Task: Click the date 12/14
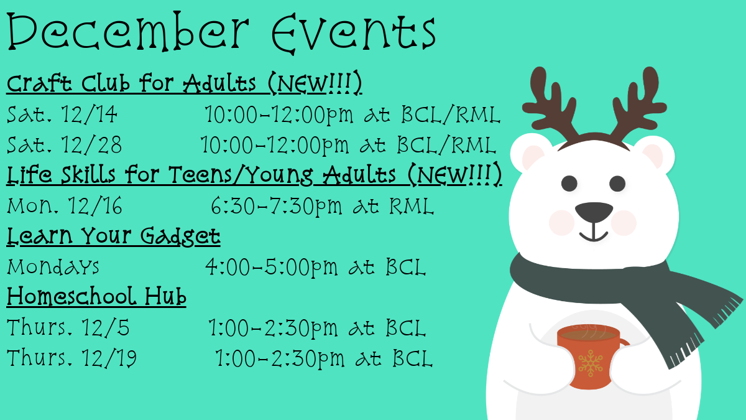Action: [x=89, y=114]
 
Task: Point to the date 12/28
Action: [x=91, y=144]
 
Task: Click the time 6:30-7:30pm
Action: [x=277, y=207]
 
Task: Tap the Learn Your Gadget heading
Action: [x=113, y=236]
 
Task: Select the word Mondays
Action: [x=53, y=267]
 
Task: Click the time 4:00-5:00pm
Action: [x=272, y=268]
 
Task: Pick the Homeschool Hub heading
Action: [x=96, y=296]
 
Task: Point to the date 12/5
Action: [x=105, y=327]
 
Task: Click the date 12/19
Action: [x=109, y=358]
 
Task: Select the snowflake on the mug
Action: [x=591, y=363]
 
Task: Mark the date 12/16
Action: [x=95, y=206]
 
